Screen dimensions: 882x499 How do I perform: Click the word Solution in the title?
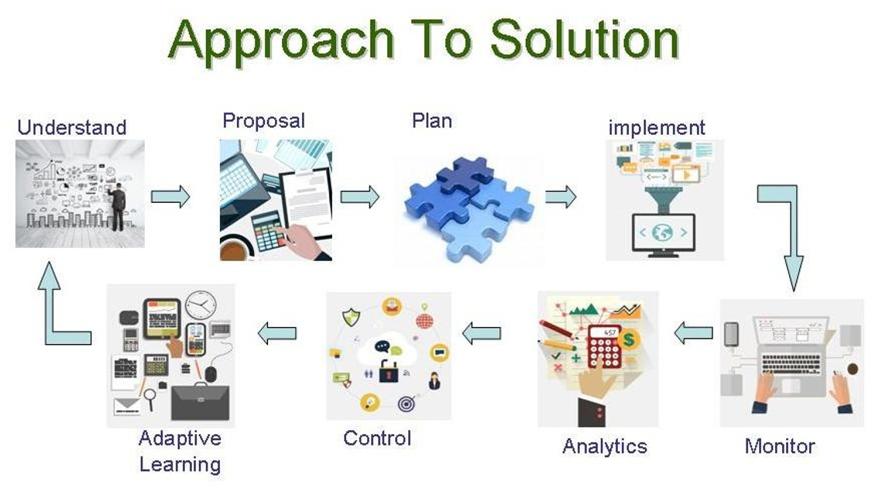tap(585, 40)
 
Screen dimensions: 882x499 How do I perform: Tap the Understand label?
tap(71, 127)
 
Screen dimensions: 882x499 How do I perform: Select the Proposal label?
tap(264, 120)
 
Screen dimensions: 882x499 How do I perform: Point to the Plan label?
tap(432, 120)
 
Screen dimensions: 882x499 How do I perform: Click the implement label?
tap(657, 128)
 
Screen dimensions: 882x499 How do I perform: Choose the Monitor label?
tap(780, 446)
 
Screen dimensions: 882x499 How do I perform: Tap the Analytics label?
tap(605, 446)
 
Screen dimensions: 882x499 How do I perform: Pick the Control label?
tap(377, 439)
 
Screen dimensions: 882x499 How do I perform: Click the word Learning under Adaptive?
tap(180, 465)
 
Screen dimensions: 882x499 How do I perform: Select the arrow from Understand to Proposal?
tap(170, 197)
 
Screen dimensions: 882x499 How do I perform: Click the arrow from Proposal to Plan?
tap(360, 197)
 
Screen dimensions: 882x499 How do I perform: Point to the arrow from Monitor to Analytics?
tap(694, 333)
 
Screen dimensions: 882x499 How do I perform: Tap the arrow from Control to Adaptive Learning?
tap(276, 333)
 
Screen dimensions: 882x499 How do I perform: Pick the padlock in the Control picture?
tap(389, 370)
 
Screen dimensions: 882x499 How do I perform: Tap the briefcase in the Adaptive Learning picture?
tap(201, 401)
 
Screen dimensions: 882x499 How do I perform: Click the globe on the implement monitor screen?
tap(662, 232)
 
